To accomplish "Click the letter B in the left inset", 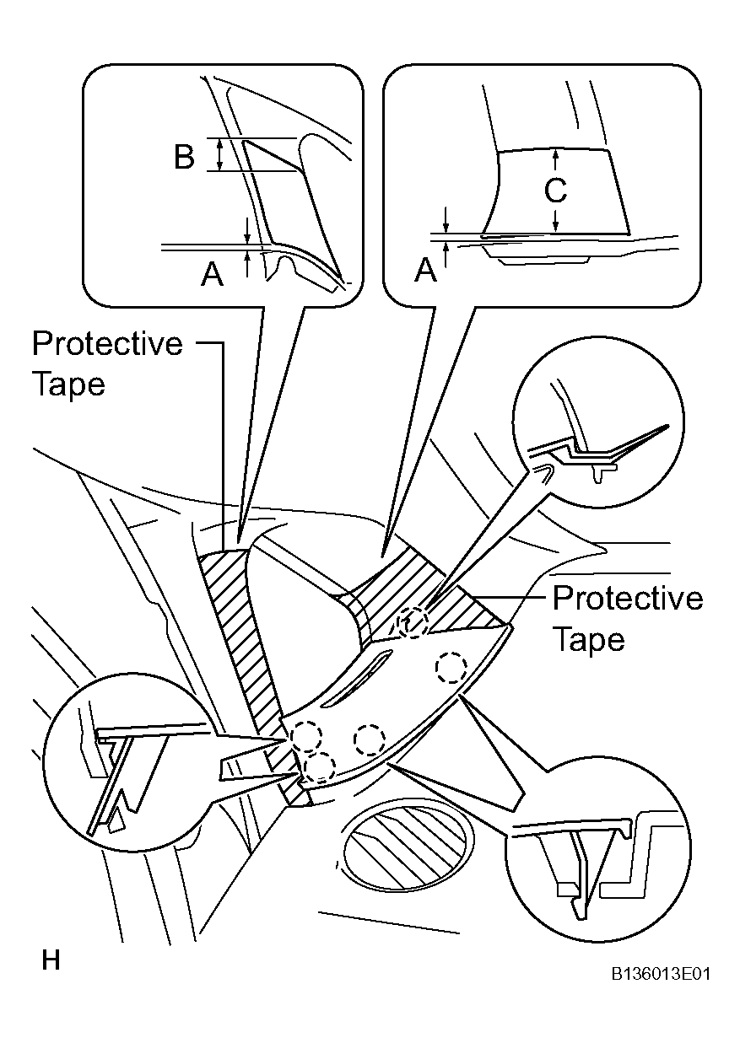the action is point(184,157).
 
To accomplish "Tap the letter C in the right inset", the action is point(555,190).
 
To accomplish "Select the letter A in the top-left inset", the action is point(212,274).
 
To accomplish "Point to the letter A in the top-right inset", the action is point(425,270).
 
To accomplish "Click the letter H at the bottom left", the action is point(51,960).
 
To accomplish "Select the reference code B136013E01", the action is point(661,973).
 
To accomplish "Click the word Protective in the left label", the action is point(107,344).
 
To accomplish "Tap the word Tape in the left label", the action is point(69,384).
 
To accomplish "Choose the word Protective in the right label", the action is point(627,598).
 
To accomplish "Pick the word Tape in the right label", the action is point(590,639).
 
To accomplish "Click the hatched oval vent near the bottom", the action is point(405,843).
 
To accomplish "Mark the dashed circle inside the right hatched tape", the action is point(413,624).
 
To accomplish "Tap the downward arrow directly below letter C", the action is point(555,221).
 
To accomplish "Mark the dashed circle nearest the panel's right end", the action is point(451,669).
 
